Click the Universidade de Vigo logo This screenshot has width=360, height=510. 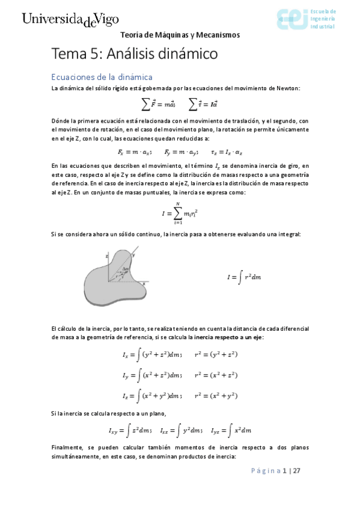coord(70,19)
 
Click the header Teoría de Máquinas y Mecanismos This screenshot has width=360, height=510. coord(180,35)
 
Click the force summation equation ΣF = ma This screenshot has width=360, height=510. coord(158,104)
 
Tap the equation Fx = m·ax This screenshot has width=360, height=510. coord(135,152)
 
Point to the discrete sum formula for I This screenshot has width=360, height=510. coord(180,213)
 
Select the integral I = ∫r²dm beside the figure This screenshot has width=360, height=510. coord(243,277)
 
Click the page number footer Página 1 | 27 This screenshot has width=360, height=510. coord(276,471)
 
